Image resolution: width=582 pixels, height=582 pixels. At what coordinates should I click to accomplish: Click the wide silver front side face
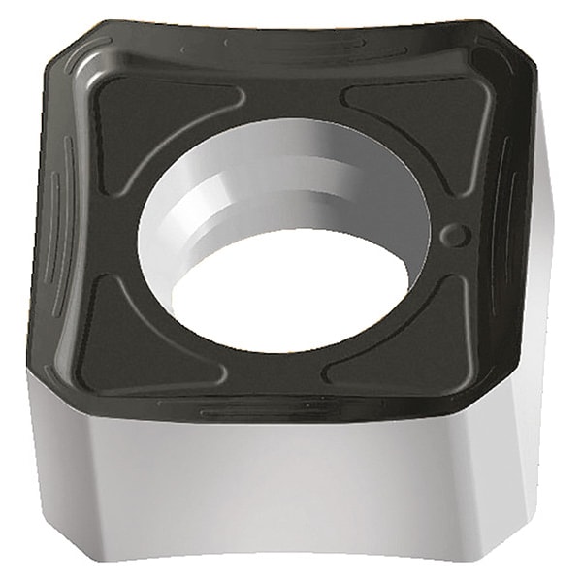[x=281, y=485]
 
